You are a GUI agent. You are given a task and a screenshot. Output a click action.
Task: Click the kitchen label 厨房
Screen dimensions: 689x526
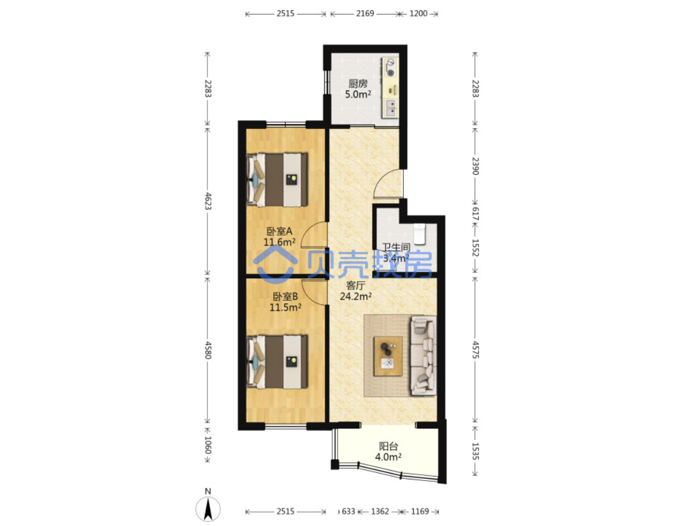point(358,83)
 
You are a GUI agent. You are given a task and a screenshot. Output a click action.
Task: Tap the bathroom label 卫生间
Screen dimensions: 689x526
point(395,247)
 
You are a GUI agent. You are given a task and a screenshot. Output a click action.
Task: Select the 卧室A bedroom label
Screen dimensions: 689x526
point(279,231)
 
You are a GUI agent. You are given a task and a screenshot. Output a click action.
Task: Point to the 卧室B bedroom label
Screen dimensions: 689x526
point(285,297)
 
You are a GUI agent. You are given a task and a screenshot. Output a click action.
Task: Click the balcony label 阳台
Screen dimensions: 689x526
point(388,446)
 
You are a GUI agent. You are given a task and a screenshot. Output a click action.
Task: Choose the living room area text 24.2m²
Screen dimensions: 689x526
point(356,296)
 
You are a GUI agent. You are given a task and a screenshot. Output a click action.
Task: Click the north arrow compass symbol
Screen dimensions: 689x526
point(208,508)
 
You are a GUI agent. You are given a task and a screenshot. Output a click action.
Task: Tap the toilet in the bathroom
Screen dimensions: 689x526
point(420,234)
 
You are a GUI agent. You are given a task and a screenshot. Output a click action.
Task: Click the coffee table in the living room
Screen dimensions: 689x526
point(388,357)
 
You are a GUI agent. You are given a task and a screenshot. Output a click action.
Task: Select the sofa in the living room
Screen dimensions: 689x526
point(423,355)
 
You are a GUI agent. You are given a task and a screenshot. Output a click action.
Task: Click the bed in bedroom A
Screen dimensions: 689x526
point(277,179)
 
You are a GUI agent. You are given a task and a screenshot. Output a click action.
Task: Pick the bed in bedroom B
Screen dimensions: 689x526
point(277,362)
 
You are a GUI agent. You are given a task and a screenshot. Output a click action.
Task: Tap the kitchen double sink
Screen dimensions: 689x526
point(391,108)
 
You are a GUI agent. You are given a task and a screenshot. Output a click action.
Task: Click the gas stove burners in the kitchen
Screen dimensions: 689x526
point(390,68)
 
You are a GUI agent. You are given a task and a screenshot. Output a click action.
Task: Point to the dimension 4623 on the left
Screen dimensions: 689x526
point(208,201)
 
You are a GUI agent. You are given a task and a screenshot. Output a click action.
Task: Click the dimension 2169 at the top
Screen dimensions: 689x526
point(365,14)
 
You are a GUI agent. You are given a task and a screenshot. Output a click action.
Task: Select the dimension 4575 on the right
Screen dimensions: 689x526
point(475,349)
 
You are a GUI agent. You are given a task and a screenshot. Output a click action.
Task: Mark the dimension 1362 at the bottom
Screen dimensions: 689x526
point(380,512)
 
